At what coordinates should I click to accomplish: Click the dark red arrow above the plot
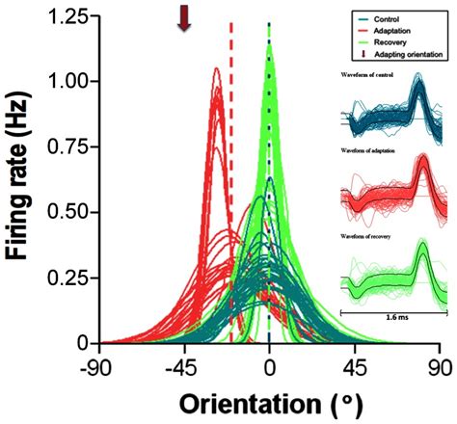pos(183,17)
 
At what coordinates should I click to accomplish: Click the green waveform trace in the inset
pos(395,275)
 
